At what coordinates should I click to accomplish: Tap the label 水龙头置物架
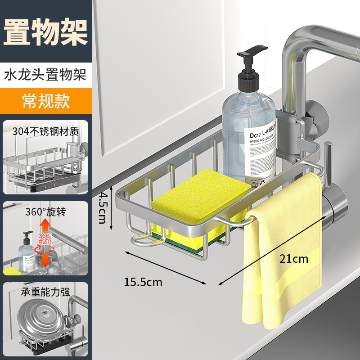click(x=45, y=74)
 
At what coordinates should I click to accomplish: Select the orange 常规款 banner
click(x=46, y=101)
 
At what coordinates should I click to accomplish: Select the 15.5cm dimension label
click(x=143, y=283)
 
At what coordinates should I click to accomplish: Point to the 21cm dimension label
click(x=294, y=259)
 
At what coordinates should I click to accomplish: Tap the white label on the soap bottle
click(x=261, y=148)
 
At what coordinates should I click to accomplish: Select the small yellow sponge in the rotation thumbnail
click(x=13, y=271)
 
